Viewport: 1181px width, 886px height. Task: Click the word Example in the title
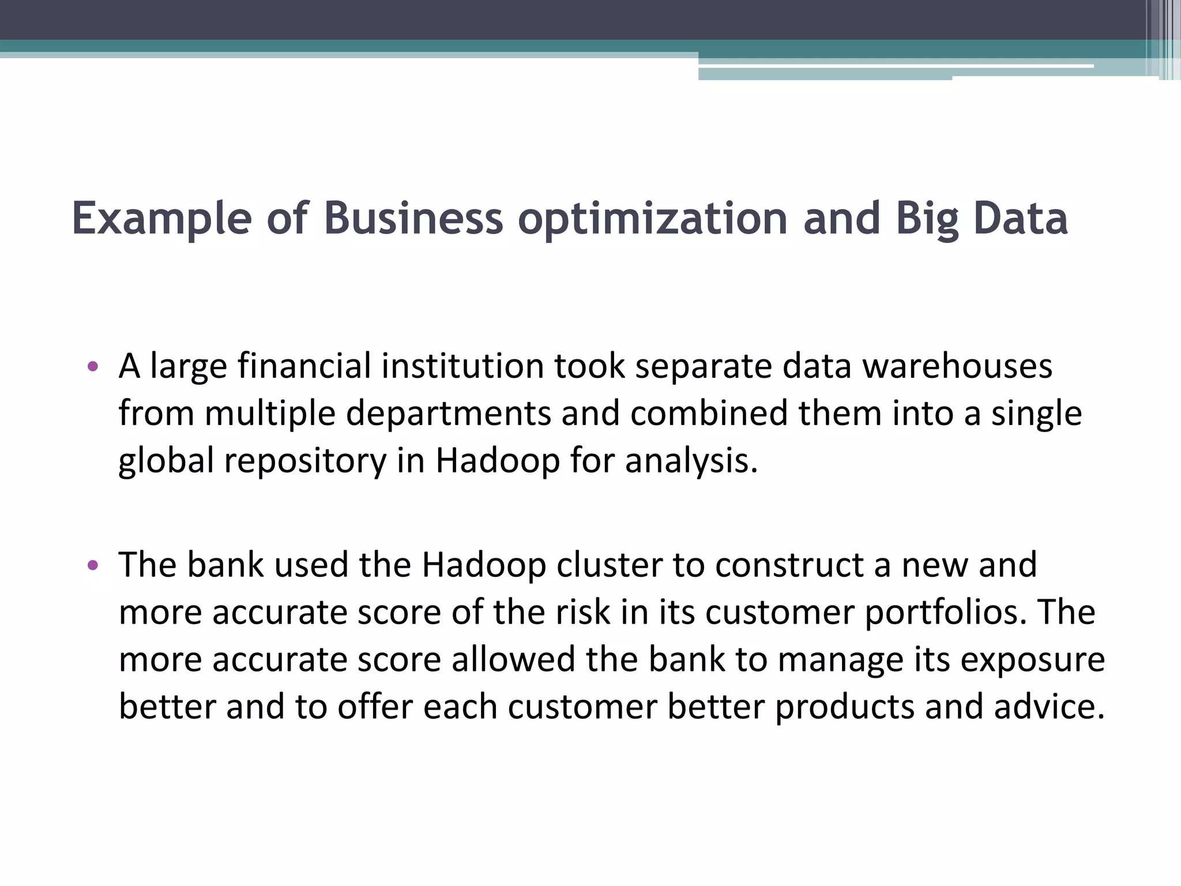click(x=162, y=219)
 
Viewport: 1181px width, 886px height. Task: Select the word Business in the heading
click(x=413, y=219)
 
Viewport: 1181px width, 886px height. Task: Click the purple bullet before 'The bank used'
click(x=93, y=565)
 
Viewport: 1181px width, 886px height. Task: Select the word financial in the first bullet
click(x=304, y=366)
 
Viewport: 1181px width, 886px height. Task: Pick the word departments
click(x=448, y=414)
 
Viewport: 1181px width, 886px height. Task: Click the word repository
click(x=305, y=461)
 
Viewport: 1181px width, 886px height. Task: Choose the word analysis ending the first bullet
click(x=690, y=461)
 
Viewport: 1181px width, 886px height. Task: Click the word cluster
click(x=609, y=565)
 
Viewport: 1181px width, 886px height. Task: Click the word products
click(x=845, y=707)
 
